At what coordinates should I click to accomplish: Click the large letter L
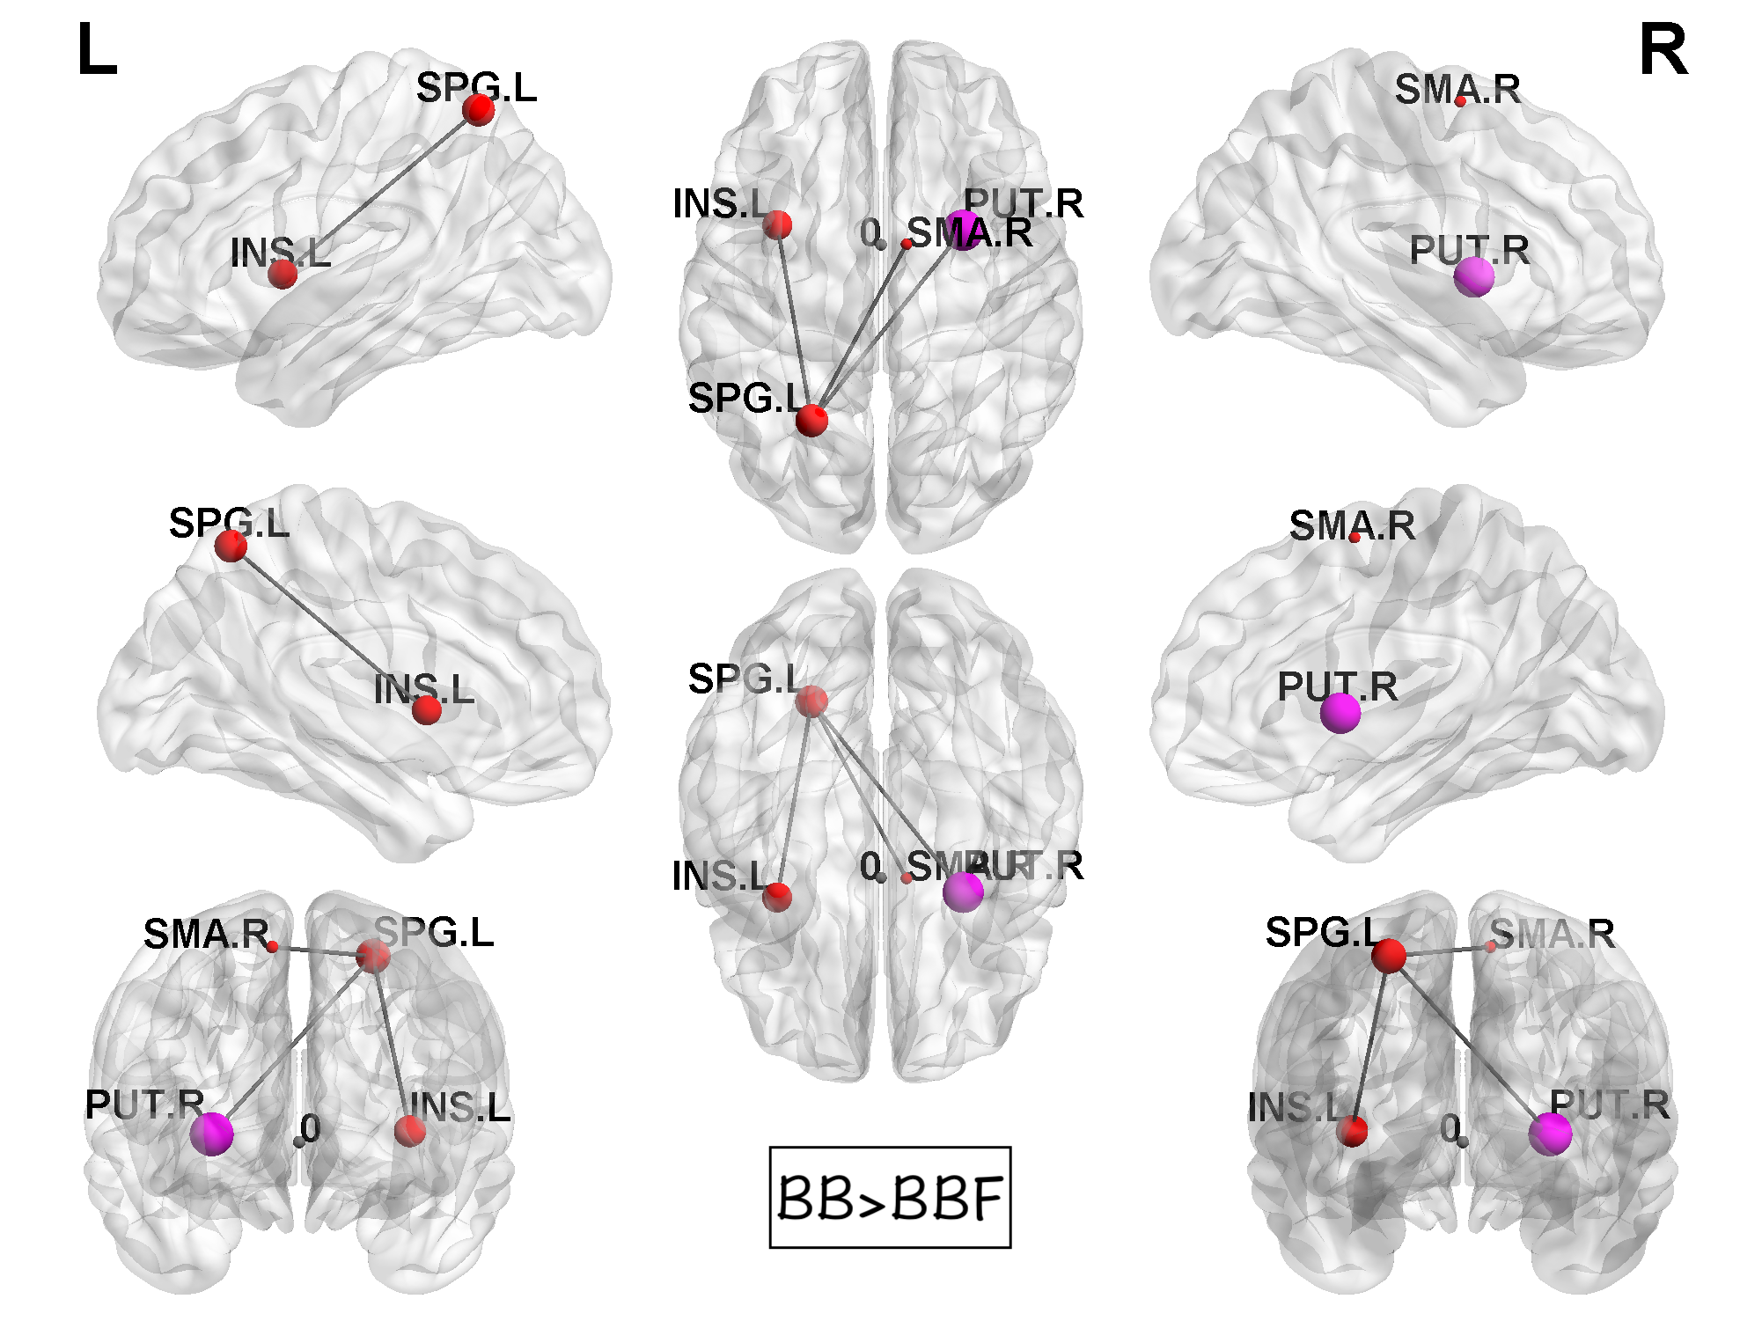tap(97, 51)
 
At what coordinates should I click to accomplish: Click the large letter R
tap(1663, 51)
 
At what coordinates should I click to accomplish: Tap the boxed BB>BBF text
tap(890, 1197)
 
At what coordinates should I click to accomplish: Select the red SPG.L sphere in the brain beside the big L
tap(479, 109)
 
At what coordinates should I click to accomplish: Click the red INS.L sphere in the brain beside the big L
tap(283, 274)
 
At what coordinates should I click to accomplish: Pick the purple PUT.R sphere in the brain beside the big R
tap(1473, 277)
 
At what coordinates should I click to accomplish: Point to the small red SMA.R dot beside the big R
tap(1460, 102)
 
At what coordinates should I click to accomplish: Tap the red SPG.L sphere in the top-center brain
tap(811, 420)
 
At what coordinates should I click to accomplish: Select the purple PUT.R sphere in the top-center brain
tap(965, 231)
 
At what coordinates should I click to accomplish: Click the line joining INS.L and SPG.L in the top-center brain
tap(794, 321)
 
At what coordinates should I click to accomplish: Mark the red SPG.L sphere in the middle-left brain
tap(231, 547)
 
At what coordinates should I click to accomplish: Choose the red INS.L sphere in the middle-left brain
tap(427, 709)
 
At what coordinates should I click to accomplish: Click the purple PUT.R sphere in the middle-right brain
tap(1340, 712)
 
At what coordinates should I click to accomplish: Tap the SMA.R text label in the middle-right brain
tap(1352, 526)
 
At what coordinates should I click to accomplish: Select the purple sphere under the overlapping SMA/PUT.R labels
tap(963, 892)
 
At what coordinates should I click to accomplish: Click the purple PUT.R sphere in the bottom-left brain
tap(212, 1134)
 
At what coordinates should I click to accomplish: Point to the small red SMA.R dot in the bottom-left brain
tap(273, 947)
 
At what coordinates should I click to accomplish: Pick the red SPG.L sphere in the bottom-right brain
tap(1389, 956)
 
